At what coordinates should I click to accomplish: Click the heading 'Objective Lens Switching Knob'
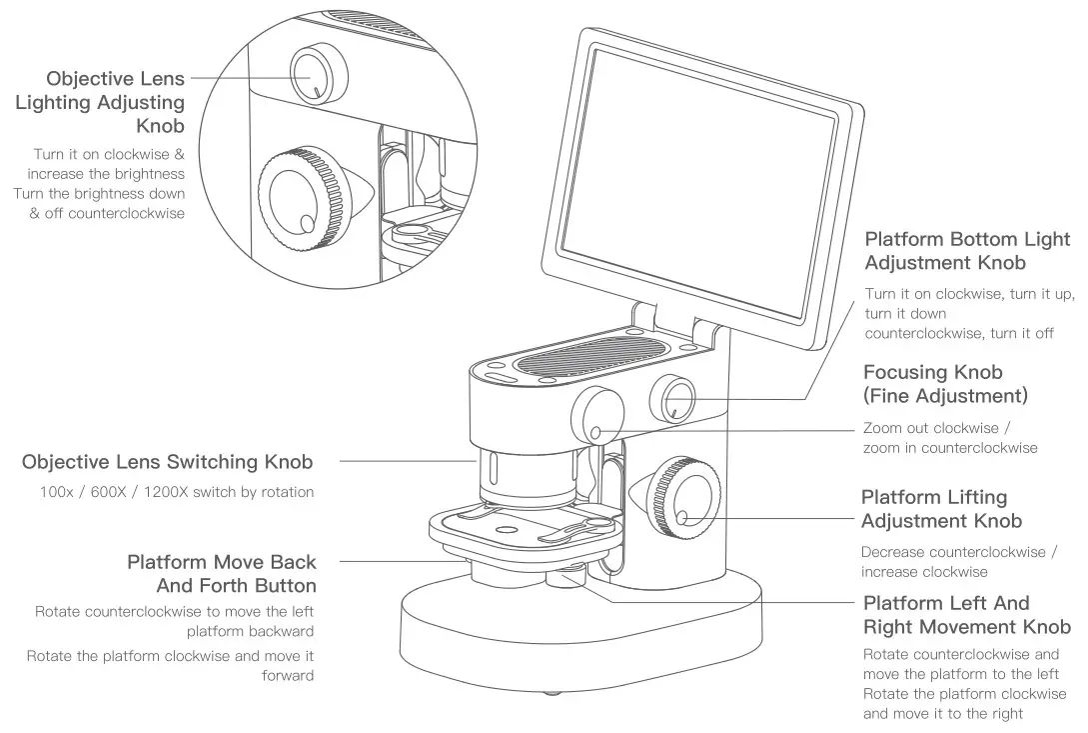coord(167,462)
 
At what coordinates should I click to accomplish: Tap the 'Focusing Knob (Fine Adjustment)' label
coord(945,384)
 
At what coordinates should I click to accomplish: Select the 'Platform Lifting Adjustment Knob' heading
coord(941,509)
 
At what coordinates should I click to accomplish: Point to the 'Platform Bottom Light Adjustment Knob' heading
coord(966,251)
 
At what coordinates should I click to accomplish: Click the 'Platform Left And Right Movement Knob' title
coord(966,615)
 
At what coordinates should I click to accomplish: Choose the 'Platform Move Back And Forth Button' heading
coord(221,574)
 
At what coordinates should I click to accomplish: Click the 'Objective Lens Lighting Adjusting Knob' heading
coord(100,102)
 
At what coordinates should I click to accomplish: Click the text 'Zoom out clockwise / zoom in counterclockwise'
coord(949,438)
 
